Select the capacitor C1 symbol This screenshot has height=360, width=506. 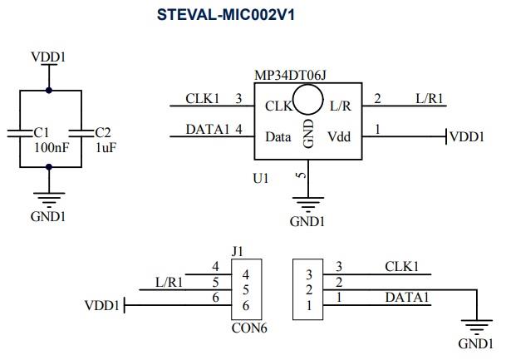pos(18,131)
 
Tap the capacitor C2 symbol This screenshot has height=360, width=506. pos(81,131)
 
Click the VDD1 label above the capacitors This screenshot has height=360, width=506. pos(48,57)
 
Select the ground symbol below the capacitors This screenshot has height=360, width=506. pos(48,200)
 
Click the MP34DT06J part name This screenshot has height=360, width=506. pos(289,74)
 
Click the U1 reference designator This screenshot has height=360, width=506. pos(261,178)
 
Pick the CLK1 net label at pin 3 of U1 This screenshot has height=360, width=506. pos(202,99)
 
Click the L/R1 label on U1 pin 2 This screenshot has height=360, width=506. pos(430,99)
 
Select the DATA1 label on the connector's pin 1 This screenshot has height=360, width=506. pos(406,297)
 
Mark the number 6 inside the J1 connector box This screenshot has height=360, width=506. pos(245,306)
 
